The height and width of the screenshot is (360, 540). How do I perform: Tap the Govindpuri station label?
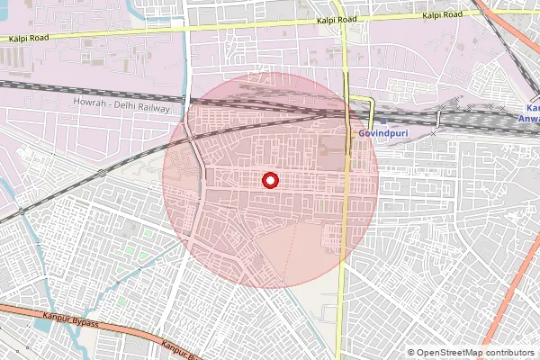pyautogui.click(x=378, y=132)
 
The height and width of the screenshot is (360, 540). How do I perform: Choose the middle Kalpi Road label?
pyautogui.click(x=337, y=19)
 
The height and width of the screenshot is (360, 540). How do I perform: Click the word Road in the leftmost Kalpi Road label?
pyautogui.click(x=42, y=39)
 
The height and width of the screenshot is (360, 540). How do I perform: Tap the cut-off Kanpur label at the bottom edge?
pyautogui.click(x=177, y=348)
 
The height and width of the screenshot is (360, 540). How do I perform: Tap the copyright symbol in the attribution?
pyautogui.click(x=411, y=353)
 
